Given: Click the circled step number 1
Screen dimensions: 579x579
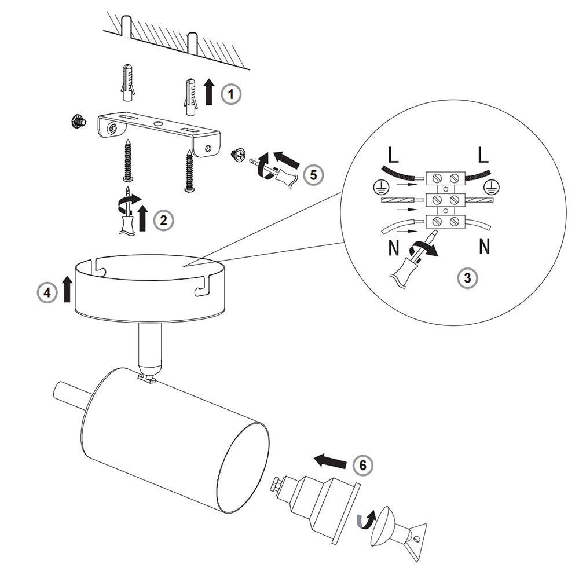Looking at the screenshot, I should tap(231, 94).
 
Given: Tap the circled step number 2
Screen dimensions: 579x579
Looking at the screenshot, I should tap(163, 219).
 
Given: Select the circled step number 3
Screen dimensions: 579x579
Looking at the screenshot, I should tap(467, 278).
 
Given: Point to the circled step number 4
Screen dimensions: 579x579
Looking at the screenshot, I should tap(47, 293).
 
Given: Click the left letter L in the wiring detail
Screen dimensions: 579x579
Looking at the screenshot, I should tap(394, 155).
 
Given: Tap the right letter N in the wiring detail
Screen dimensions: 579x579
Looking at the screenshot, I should tap(485, 247).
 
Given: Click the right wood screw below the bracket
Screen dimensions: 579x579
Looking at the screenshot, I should tap(189, 171).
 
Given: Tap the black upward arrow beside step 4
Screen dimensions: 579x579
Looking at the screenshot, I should tap(67, 289).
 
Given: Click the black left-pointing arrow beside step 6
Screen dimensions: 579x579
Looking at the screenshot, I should tap(330, 461).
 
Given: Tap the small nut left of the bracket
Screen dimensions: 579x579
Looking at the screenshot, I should tap(76, 122).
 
